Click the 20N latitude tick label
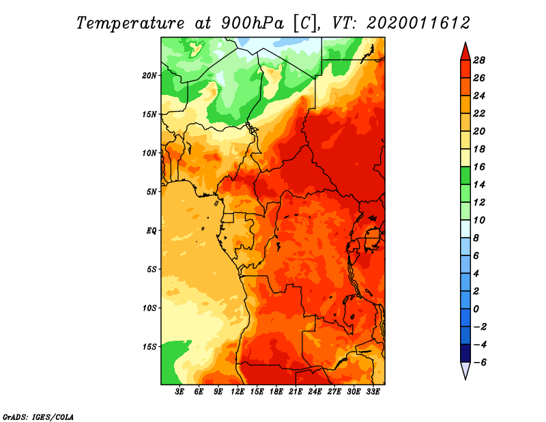pos(149,76)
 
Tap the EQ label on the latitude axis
pos(151,231)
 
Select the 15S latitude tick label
pos(149,347)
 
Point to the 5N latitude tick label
pos(152,192)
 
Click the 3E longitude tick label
pos(179,392)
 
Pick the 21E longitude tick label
pos(296,392)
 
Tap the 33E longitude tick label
pos(373,392)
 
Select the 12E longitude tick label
pos(237,392)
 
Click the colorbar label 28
pos(479,60)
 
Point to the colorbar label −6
pos(479,363)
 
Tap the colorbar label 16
pos(479,167)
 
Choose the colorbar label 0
pos(476,309)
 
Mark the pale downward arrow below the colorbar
pos(465,370)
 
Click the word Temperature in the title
pos(130,23)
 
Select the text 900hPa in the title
pos(253,23)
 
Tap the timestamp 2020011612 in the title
pos(418,23)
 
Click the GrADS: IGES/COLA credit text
pos(38,417)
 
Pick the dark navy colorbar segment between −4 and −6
pos(465,353)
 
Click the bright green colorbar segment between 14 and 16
pos(465,175)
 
